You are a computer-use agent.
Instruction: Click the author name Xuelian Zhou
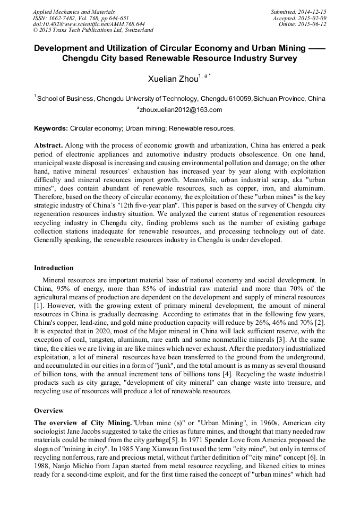point(173,80)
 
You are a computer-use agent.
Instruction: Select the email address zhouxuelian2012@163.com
point(179,110)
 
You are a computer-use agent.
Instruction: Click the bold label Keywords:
point(51,128)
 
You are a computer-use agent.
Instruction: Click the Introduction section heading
point(54,268)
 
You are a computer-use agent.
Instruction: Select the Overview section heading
point(48,411)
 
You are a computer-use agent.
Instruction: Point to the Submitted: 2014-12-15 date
point(299,12)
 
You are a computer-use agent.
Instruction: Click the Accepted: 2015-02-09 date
point(300,18)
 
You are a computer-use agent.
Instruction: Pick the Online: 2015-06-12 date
point(303,24)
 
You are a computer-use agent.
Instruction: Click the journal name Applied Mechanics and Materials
point(73,12)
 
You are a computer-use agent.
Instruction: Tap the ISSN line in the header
point(81,18)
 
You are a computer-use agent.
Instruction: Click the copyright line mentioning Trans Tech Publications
point(93,31)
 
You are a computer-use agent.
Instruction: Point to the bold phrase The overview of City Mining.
point(82,422)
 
